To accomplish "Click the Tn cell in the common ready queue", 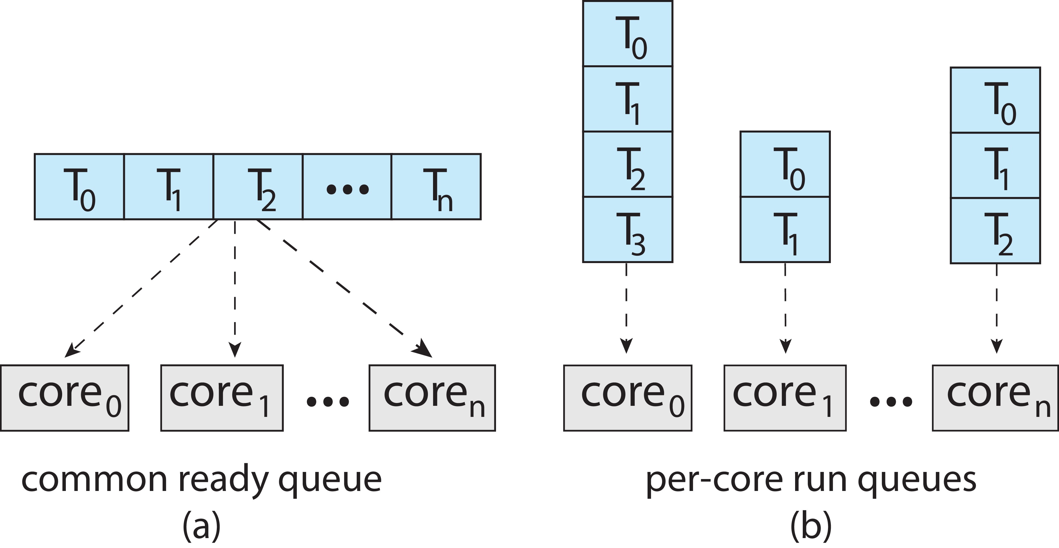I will coord(436,187).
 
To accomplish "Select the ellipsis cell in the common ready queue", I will coord(347,187).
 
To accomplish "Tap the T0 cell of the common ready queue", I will coord(79,187).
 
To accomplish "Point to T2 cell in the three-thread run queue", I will coord(995,231).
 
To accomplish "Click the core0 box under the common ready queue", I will coord(64,398).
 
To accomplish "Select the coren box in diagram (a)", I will coord(432,398).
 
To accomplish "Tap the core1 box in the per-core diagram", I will coord(785,398).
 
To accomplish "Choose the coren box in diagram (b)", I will coord(995,398).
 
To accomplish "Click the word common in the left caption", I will coord(94,480).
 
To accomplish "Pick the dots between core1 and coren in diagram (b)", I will coord(891,401).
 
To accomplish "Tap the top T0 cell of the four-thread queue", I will coord(628,34).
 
